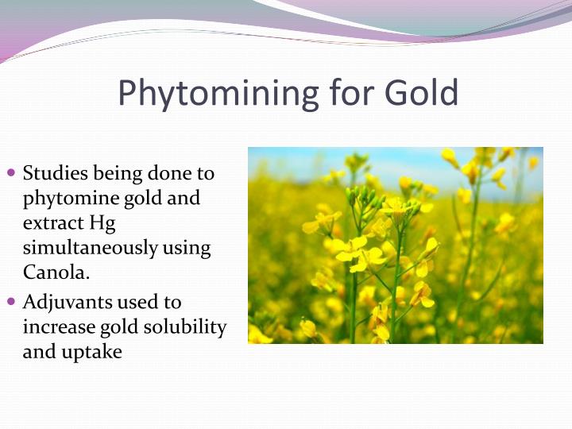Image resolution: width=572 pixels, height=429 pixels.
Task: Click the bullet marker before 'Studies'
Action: tap(11, 172)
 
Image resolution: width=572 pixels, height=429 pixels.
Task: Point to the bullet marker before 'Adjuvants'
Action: tap(11, 302)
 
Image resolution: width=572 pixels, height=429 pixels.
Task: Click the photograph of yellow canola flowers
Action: tap(395, 245)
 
